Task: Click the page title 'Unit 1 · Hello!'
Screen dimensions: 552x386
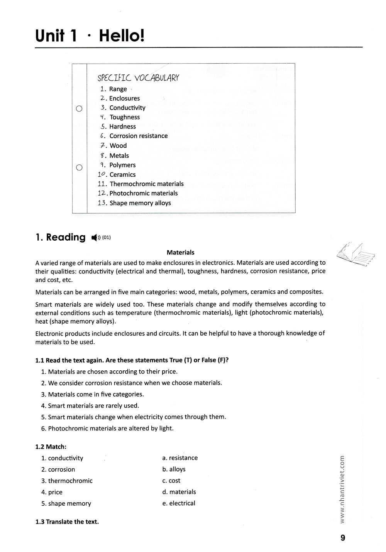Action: [90, 35]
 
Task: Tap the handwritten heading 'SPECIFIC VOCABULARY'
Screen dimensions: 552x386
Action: [138, 78]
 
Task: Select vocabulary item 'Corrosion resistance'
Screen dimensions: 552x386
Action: [138, 136]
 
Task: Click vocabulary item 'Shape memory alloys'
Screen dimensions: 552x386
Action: [140, 203]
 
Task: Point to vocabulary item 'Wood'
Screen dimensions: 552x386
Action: [118, 145]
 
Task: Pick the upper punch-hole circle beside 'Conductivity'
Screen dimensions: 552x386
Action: [79, 108]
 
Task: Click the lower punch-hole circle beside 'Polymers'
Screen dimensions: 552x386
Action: [79, 167]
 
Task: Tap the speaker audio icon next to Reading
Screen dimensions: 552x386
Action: [95, 238]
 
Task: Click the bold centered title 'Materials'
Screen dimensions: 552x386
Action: [180, 252]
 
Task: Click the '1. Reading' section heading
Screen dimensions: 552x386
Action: [60, 237]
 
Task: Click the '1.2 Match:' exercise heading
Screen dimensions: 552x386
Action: [51, 447]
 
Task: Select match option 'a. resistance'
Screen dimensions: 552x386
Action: [180, 458]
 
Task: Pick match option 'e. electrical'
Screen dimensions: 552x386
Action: [179, 503]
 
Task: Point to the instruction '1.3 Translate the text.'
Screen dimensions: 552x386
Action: [67, 522]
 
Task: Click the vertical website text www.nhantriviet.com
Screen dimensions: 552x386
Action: [342, 489]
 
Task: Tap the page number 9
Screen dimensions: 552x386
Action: [343, 538]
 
